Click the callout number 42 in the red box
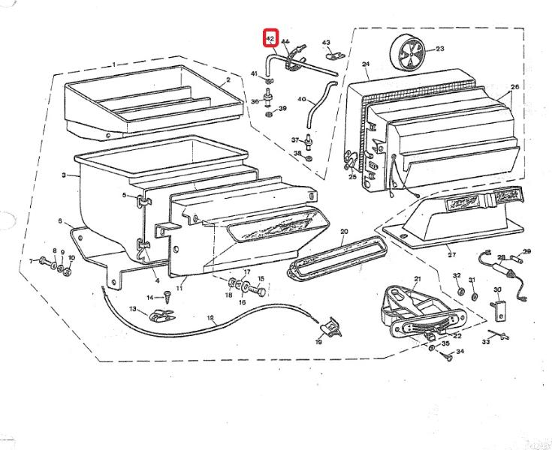[270, 37]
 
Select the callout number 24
[365, 64]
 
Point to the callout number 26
[514, 86]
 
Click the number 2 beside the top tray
[228, 80]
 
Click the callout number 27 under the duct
[451, 254]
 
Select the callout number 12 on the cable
[210, 318]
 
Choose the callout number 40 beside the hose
[301, 99]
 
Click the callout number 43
[326, 42]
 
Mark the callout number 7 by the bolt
[32, 261]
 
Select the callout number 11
[180, 288]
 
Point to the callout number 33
[485, 342]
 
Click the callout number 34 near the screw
[460, 351]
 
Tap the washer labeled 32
[457, 289]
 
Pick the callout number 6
[59, 221]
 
